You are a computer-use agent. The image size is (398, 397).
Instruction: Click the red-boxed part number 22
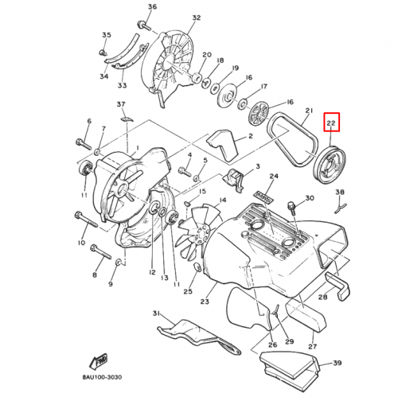coord(331,123)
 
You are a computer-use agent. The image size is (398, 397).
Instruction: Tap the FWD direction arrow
coord(99,361)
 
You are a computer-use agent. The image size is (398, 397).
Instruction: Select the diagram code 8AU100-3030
coord(102,377)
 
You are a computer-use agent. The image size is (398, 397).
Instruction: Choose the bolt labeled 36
coord(144,25)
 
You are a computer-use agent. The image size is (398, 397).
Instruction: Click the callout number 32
coord(197,18)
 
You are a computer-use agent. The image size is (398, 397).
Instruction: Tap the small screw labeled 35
coord(103,52)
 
